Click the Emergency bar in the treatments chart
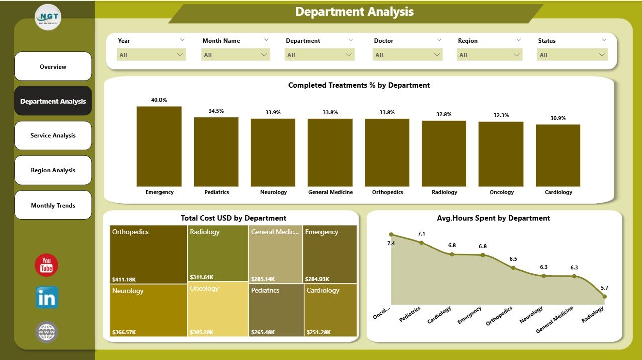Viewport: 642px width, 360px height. click(159, 146)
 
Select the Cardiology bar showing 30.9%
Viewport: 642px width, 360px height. click(558, 155)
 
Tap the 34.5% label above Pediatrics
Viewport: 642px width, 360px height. click(216, 111)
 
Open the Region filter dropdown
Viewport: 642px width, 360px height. click(490, 55)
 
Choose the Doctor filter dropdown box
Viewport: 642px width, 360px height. click(408, 55)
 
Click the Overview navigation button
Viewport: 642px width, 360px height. click(53, 67)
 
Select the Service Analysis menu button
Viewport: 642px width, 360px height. click(53, 136)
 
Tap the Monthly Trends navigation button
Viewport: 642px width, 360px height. click(53, 205)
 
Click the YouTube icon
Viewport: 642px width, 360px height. click(46, 265)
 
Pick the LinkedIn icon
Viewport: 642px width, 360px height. click(47, 298)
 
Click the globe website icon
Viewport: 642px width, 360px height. click(47, 332)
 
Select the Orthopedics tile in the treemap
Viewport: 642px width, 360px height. click(147, 254)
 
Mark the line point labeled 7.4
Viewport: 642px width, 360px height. click(391, 234)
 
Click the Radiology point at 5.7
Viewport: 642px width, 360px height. click(604, 296)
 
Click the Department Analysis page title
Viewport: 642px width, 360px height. click(355, 12)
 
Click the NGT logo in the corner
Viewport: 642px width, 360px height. click(48, 17)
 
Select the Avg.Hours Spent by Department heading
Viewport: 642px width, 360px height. click(494, 218)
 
